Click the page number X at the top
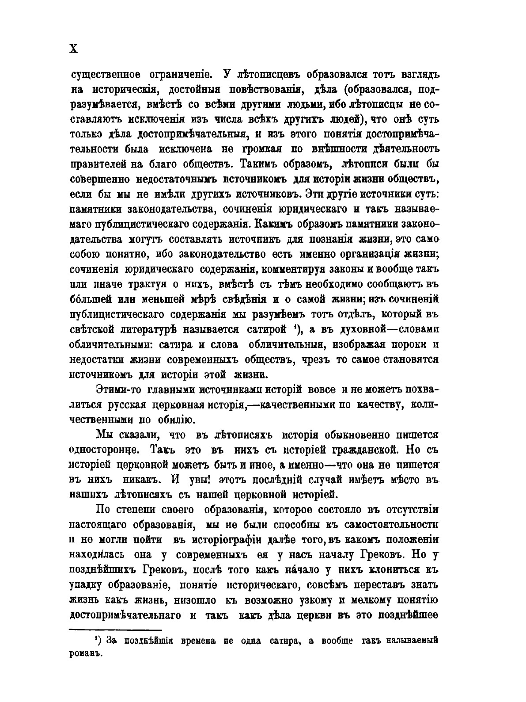(x=74, y=50)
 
